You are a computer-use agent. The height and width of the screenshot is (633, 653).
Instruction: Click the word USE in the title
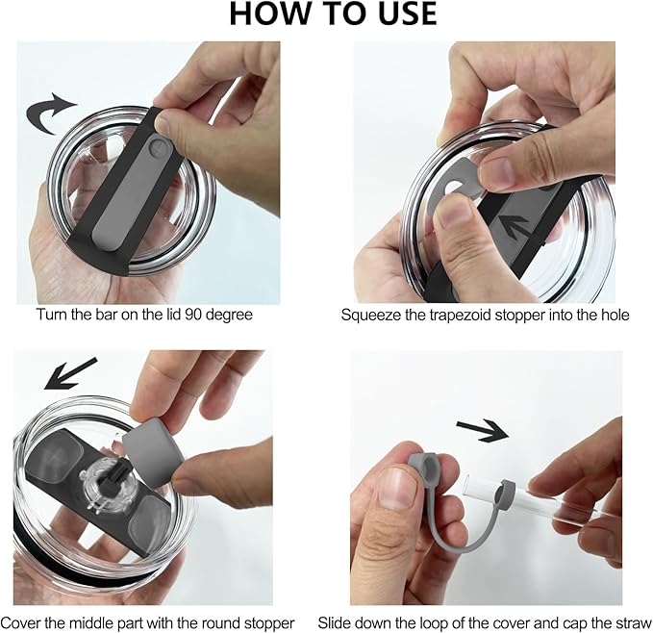[408, 13]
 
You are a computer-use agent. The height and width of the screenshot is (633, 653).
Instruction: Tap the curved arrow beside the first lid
[49, 113]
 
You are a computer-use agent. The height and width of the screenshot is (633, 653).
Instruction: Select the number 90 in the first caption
[193, 314]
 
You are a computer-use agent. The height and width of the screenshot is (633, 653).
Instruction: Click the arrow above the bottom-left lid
[70, 373]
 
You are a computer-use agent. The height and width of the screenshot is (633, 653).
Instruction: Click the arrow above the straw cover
[483, 431]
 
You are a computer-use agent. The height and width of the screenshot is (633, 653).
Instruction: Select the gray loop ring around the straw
[504, 494]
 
